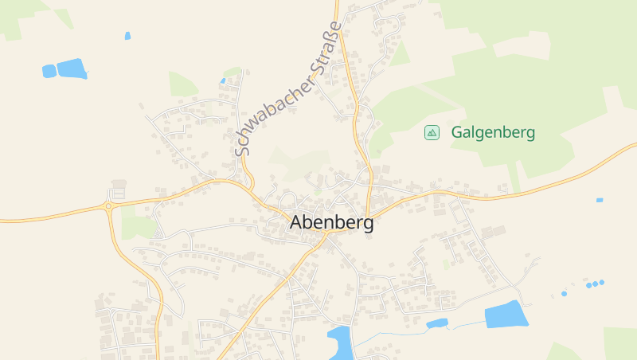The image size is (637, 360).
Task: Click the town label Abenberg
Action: point(330,224)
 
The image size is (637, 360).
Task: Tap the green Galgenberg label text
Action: point(493,133)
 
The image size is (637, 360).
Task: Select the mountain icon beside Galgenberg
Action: point(432,133)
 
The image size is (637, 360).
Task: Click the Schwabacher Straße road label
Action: point(289,88)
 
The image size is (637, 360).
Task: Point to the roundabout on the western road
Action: point(108,206)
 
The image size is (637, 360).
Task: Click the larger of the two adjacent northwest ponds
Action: point(72,68)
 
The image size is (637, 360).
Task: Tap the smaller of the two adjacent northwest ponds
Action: point(49,71)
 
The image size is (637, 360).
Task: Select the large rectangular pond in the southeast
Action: point(506,315)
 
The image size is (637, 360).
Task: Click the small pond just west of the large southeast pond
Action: point(436,323)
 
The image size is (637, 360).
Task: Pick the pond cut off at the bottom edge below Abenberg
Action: point(340,343)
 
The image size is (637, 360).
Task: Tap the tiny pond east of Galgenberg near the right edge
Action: point(600,200)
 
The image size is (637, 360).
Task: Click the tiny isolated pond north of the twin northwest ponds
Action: point(127,36)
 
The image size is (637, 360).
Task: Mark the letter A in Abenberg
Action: point(296,224)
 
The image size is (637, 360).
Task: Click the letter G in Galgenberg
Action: point(457,133)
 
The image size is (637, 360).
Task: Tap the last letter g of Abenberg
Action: point(367,225)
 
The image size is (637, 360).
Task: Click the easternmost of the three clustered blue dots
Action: point(602,282)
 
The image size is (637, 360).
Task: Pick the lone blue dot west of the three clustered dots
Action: point(564,294)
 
